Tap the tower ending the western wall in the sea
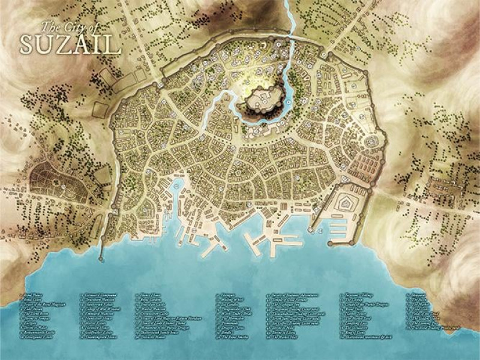click(100, 259)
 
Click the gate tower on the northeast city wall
click(323, 54)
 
